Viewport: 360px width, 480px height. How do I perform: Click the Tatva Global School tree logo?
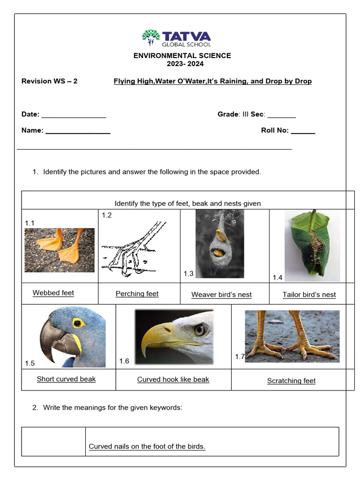(150, 37)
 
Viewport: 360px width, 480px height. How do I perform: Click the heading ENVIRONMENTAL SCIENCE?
(182, 56)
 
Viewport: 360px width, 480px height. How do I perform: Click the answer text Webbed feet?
(53, 293)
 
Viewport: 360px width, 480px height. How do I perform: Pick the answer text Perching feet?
(137, 294)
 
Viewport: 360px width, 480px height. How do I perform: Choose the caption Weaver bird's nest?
(221, 295)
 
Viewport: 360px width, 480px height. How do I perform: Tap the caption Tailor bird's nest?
(309, 295)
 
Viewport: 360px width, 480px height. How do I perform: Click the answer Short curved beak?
(66, 379)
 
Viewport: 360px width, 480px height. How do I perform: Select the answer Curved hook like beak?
(173, 380)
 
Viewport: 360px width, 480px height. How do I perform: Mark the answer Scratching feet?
(291, 381)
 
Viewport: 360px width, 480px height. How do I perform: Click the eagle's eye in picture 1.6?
(200, 330)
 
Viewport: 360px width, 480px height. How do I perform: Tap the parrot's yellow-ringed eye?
(77, 323)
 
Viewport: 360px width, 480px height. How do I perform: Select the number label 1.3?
(188, 274)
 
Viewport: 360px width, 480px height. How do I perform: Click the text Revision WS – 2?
(50, 81)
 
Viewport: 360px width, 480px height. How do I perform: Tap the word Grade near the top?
(228, 114)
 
